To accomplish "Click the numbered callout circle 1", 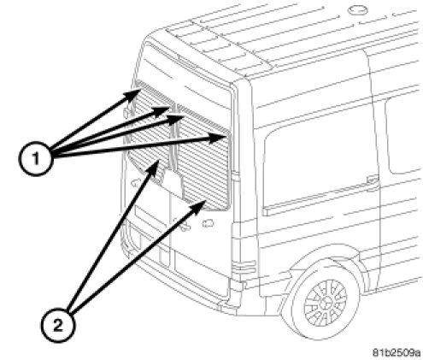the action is point(36,158).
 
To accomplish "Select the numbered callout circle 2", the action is point(58,325).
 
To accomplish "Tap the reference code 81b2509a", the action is point(397,352).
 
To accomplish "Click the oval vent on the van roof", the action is point(358,10).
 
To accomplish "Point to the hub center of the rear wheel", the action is point(326,303).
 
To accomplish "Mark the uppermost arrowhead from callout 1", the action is point(134,93).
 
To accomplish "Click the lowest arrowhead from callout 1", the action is point(220,138).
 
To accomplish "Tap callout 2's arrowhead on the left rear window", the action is point(154,166).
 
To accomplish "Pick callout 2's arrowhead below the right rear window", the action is point(200,205).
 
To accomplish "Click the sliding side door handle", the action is point(373,179).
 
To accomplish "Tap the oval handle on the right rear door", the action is point(209,223).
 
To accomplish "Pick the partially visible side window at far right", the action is point(403,135).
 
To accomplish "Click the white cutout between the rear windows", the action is point(173,182).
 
